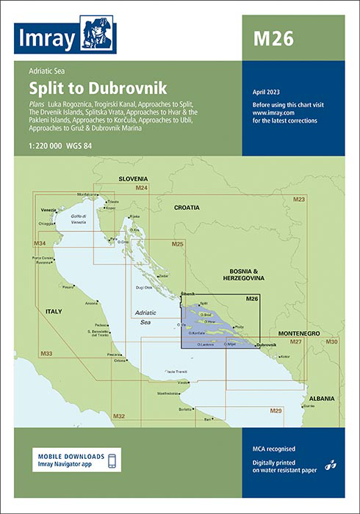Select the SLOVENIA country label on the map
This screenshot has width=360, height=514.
coord(133,179)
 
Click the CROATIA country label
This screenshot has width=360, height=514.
coord(186,208)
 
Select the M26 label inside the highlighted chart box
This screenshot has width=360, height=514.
coord(251,299)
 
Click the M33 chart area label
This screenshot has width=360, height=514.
coord(46,355)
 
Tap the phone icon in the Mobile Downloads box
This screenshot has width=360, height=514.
coord(112,460)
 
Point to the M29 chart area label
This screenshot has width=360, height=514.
coord(276,410)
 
